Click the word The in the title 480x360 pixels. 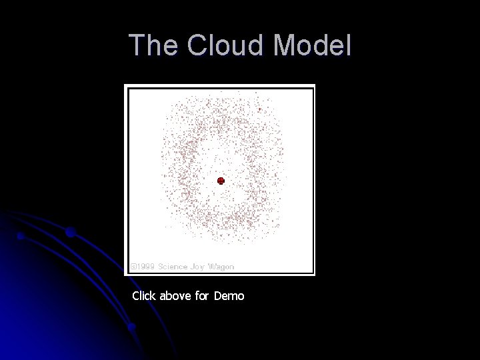pyautogui.click(x=154, y=46)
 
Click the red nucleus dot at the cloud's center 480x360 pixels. pyautogui.click(x=221, y=181)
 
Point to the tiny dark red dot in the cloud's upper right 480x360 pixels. pyautogui.click(x=259, y=110)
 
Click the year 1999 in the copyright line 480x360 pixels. pyautogui.click(x=144, y=266)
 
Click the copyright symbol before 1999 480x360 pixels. pyautogui.click(x=133, y=266)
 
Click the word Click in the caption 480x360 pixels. pyautogui.click(x=143, y=295)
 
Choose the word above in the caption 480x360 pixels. pyautogui.click(x=175, y=295)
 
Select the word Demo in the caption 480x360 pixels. pyautogui.click(x=229, y=295)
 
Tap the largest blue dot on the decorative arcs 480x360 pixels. pyautogui.click(x=70, y=233)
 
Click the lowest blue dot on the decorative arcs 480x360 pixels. pyautogui.click(x=132, y=327)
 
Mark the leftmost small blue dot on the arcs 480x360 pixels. pyautogui.click(x=21, y=236)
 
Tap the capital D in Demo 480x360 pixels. pyautogui.click(x=219, y=295)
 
